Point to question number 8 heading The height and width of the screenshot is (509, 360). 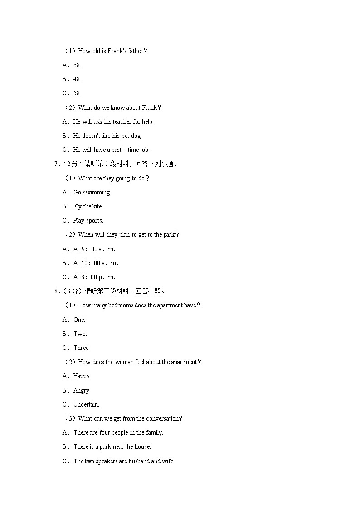[x=109, y=291]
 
